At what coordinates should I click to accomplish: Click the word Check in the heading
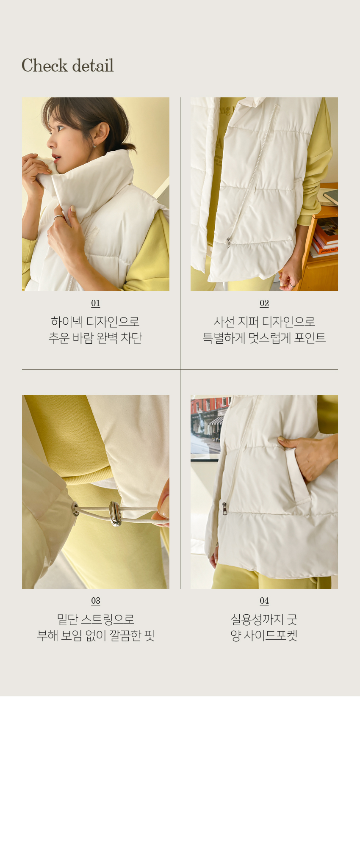[x=44, y=66]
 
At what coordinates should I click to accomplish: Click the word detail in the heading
[x=93, y=66]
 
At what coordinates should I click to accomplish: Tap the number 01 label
[x=96, y=303]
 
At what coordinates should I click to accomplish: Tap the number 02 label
[x=264, y=303]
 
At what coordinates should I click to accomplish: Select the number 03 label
[x=96, y=601]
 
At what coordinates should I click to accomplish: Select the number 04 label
[x=264, y=601]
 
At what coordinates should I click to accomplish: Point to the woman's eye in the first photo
[x=60, y=128]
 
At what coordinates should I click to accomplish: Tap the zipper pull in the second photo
[x=228, y=243]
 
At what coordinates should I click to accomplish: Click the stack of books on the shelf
[x=325, y=237]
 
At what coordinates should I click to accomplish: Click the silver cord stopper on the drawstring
[x=115, y=514]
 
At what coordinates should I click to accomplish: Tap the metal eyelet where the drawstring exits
[x=75, y=509]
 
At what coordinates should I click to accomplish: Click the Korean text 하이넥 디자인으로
[x=95, y=322]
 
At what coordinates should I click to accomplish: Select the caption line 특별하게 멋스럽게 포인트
[x=264, y=338]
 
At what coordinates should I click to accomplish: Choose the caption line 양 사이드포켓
[x=264, y=635]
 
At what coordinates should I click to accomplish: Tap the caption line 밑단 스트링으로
[x=96, y=619]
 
